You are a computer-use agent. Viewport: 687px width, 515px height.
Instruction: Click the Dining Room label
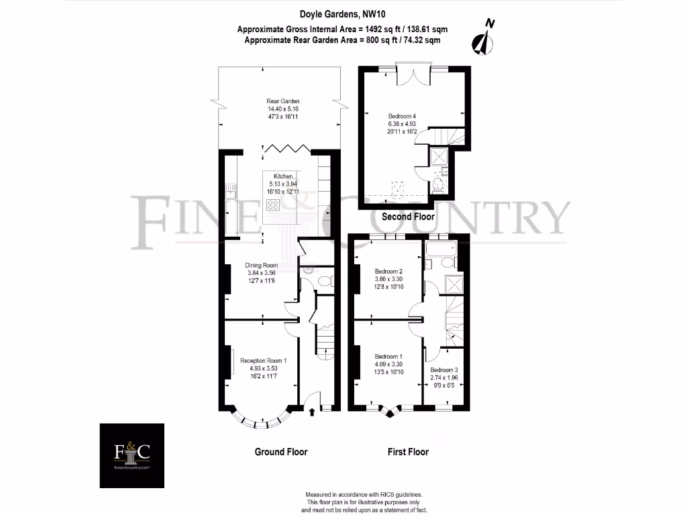[x=261, y=265]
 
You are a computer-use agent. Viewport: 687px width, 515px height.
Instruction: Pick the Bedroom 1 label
[x=389, y=356]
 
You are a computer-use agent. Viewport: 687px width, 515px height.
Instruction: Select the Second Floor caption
[x=408, y=217]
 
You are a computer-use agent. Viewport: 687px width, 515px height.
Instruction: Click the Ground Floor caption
[x=280, y=452]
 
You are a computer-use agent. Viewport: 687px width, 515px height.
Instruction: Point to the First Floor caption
[x=408, y=452]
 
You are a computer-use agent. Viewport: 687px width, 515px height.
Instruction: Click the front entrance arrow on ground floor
[x=311, y=411]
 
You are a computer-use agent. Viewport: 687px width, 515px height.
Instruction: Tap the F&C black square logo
[x=133, y=455]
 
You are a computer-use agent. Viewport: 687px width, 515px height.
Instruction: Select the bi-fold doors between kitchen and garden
[x=284, y=148]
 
